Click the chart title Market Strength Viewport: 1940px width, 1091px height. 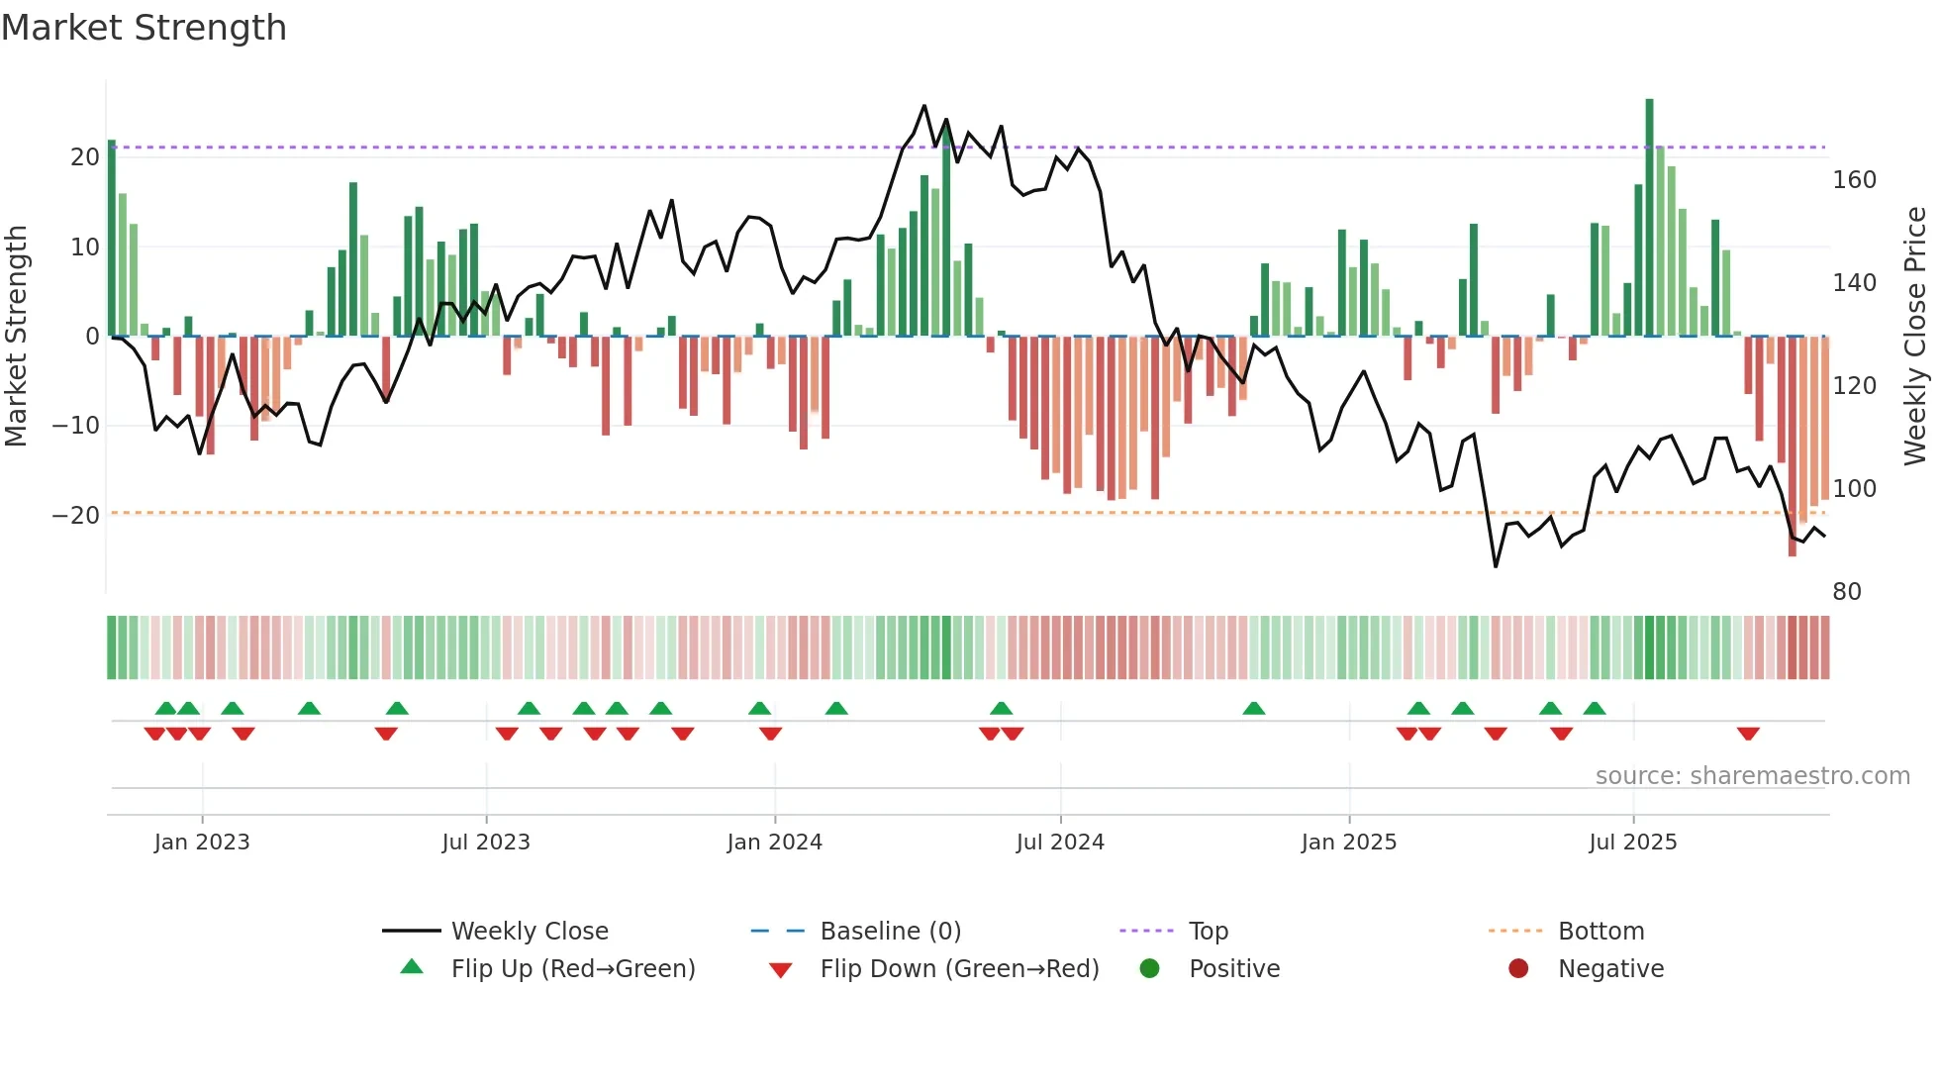pos(144,28)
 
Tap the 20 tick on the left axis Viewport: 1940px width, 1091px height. pos(85,157)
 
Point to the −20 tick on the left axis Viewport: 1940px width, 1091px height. pos(76,516)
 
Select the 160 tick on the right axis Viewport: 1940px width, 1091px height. pos(1854,180)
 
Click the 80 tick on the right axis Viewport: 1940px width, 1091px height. pos(1847,592)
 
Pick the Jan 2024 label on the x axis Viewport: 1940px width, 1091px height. pos(774,843)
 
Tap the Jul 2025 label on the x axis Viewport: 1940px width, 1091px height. pos(1632,843)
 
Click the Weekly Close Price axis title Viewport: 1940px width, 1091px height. pos(1915,337)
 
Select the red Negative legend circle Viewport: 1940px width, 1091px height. pos(1518,969)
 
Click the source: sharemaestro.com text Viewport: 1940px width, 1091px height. pos(1752,776)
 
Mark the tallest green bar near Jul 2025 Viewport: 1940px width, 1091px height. pos(1649,218)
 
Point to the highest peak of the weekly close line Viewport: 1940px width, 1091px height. pos(924,106)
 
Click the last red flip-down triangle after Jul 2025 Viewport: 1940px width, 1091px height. pos(1748,734)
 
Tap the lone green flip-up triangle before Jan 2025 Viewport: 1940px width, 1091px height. pos(1254,709)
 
